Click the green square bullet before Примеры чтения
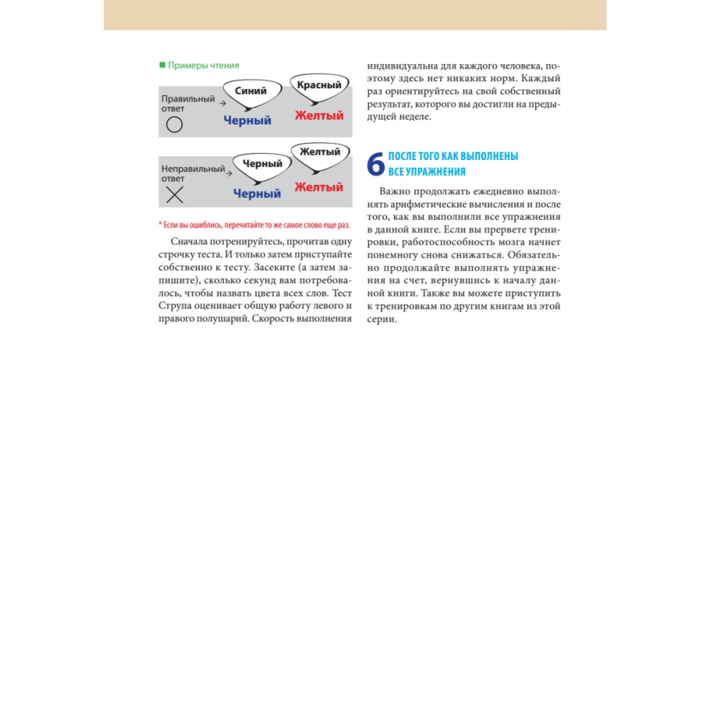tap(162, 65)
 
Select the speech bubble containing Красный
tap(319, 86)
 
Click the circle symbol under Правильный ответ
tap(174, 125)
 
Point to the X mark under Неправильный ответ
tap(174, 196)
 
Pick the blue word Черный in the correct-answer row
tap(247, 121)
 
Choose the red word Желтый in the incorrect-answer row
tap(319, 187)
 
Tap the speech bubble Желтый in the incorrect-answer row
tap(320, 153)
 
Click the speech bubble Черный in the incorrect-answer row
tap(262, 164)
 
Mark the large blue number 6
tap(375, 164)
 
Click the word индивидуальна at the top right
tap(402, 65)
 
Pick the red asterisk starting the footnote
tap(160, 224)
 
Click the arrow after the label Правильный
tap(220, 104)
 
